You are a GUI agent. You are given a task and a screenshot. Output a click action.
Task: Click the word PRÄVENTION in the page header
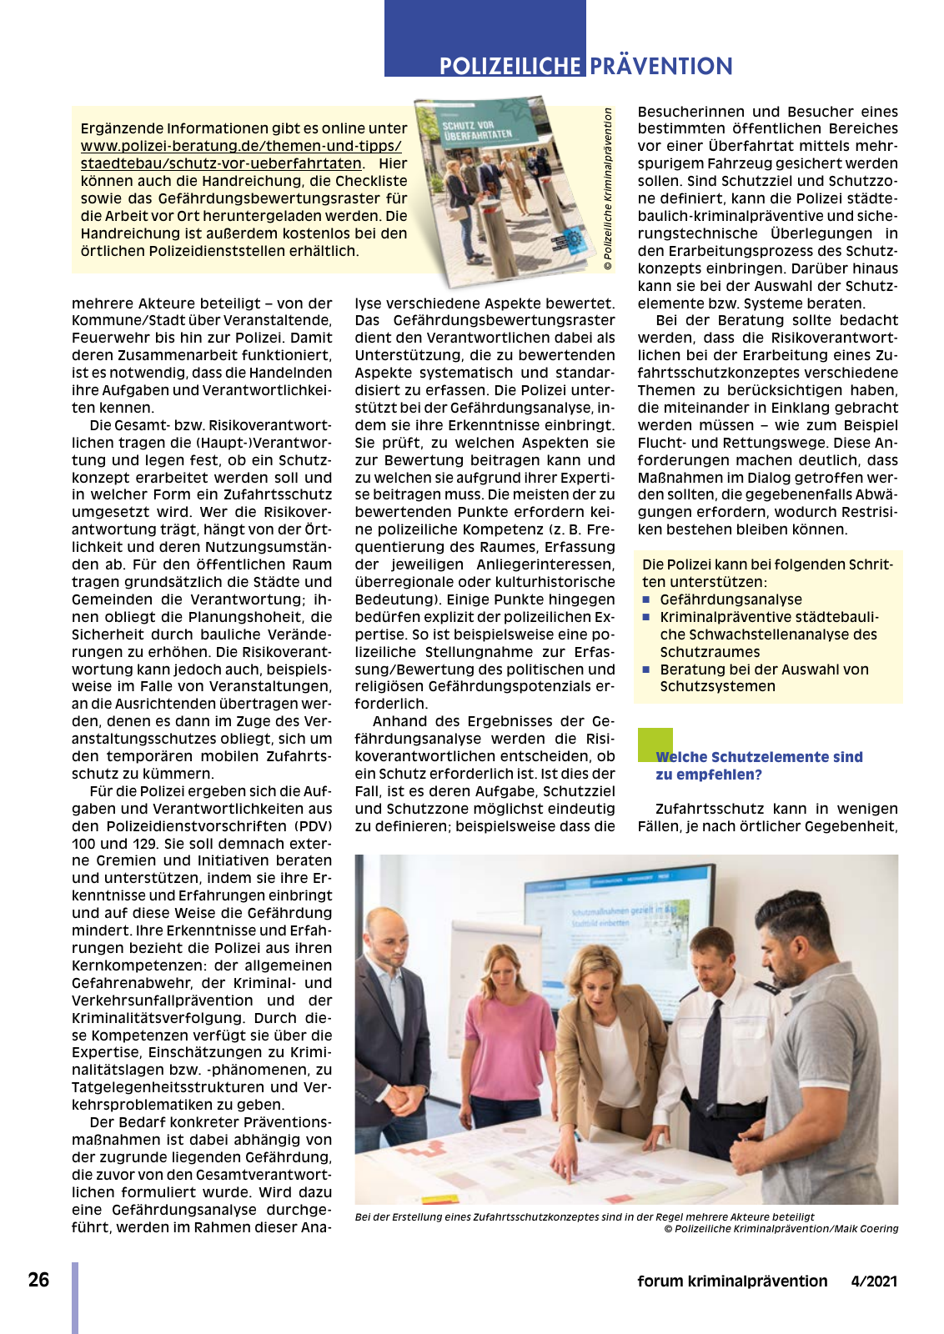[661, 66]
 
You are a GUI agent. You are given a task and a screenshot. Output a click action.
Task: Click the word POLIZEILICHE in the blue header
[510, 66]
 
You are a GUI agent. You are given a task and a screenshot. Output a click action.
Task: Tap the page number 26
[38, 1280]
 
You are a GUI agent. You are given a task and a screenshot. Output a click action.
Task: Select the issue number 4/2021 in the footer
[874, 1281]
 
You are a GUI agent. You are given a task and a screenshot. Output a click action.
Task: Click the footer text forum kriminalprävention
[732, 1281]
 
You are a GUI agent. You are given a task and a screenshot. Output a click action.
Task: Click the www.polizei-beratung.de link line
[241, 146]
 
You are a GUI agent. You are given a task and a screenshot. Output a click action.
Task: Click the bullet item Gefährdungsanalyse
[731, 599]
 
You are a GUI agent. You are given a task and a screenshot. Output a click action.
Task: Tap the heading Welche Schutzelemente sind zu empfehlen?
[759, 765]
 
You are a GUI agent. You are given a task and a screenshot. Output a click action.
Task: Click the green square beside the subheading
[655, 743]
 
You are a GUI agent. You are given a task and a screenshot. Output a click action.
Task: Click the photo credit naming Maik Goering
[781, 1228]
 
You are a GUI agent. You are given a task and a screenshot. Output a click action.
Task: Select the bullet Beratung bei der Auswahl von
[764, 670]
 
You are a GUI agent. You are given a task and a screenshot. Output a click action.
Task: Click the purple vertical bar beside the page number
[75, 1297]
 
